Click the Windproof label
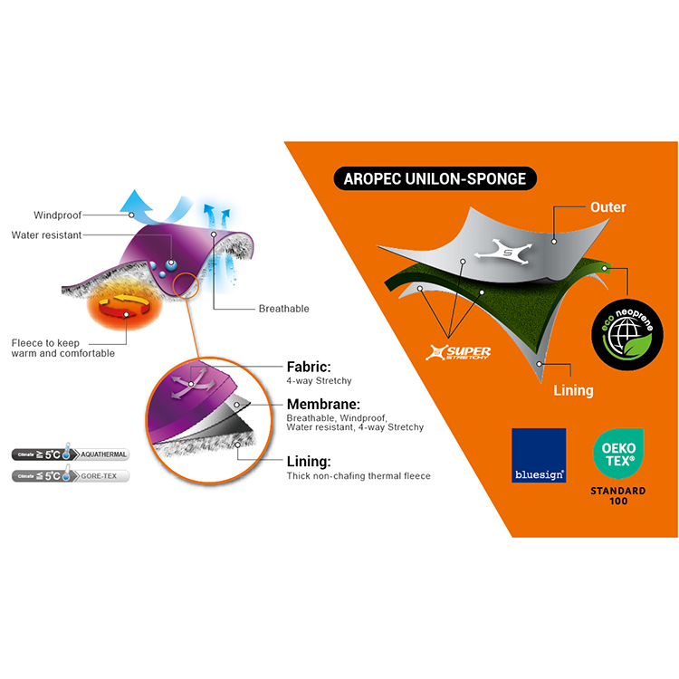57,215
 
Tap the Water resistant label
46,235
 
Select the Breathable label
283,309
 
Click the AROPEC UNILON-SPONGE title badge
435,178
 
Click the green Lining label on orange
573,390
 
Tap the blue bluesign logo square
539,455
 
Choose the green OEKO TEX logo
619,454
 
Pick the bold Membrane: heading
323,404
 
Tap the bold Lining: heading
311,460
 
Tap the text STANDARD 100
619,495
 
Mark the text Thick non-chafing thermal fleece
359,475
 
